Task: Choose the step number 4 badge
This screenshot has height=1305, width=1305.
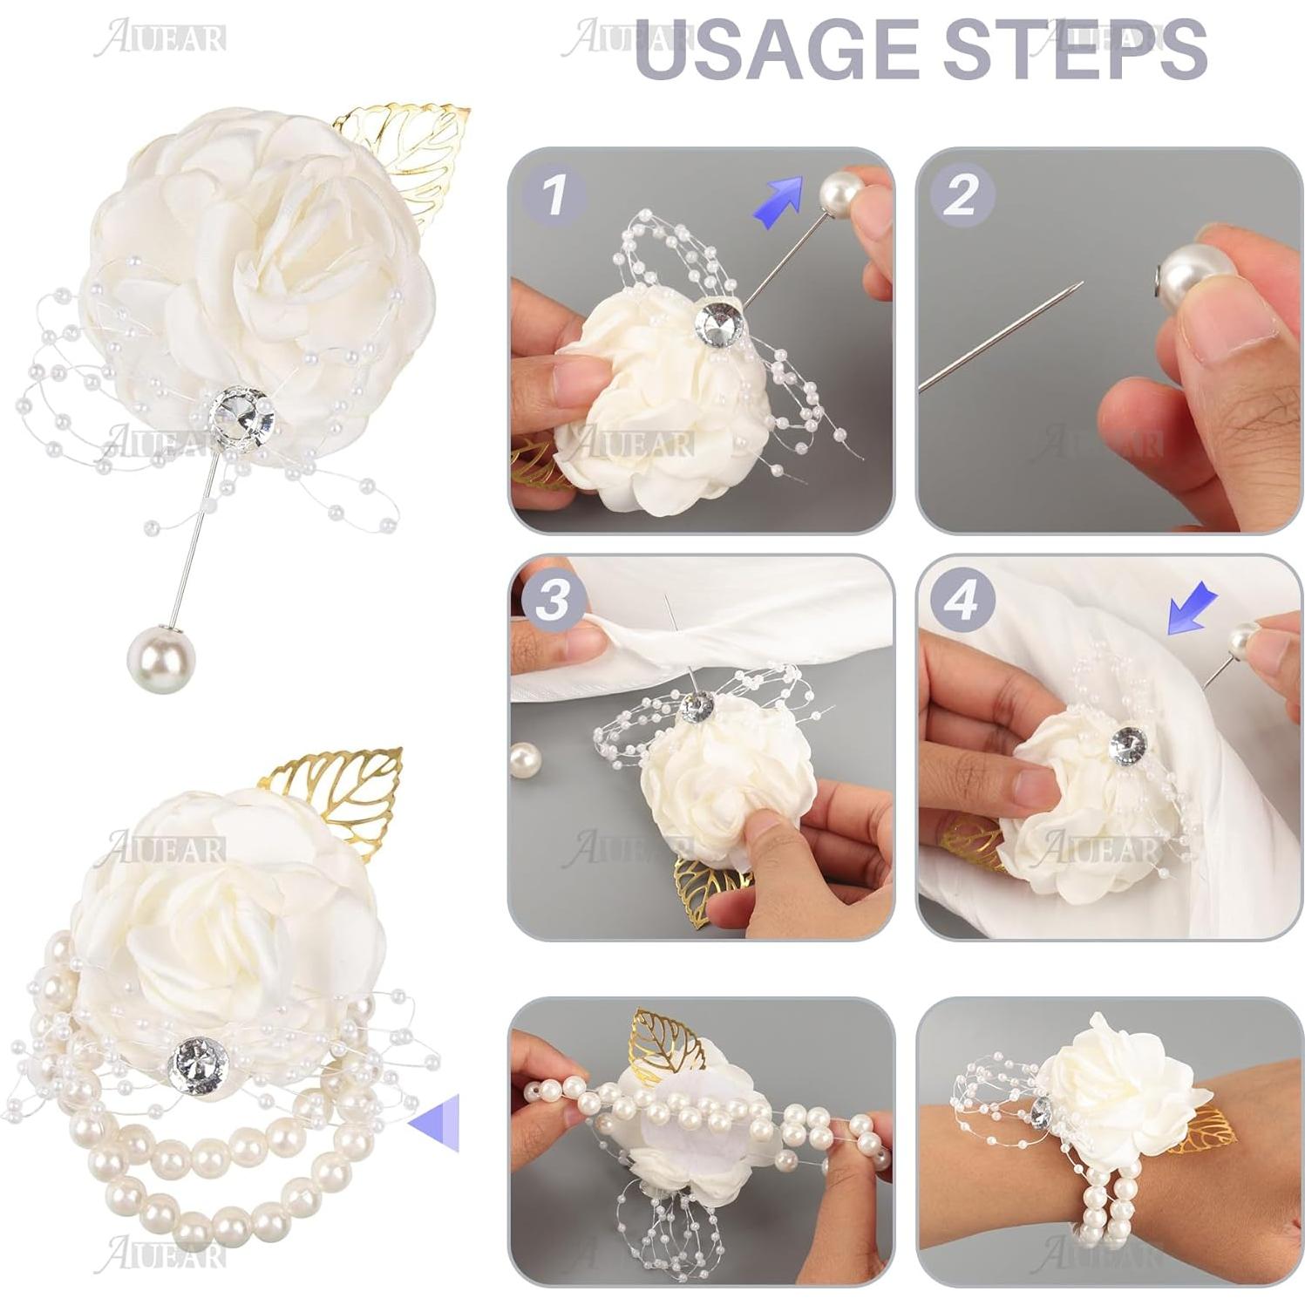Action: [962, 601]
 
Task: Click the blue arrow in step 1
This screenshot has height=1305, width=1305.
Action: [780, 202]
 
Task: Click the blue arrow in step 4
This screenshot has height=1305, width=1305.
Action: [1191, 608]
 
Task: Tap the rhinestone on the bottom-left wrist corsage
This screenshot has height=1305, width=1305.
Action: [199, 1062]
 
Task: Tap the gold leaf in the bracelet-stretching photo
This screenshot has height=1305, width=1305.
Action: [669, 1040]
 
